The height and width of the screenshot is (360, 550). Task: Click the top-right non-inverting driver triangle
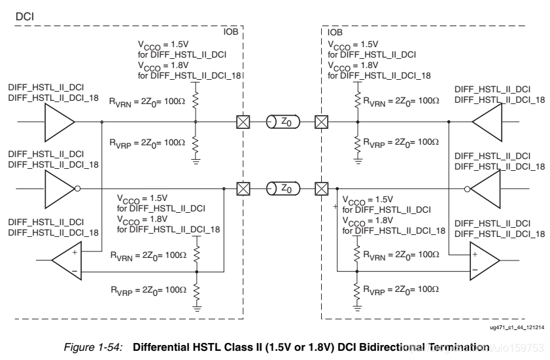[485, 122]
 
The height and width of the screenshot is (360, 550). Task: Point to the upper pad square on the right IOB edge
[321, 122]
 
